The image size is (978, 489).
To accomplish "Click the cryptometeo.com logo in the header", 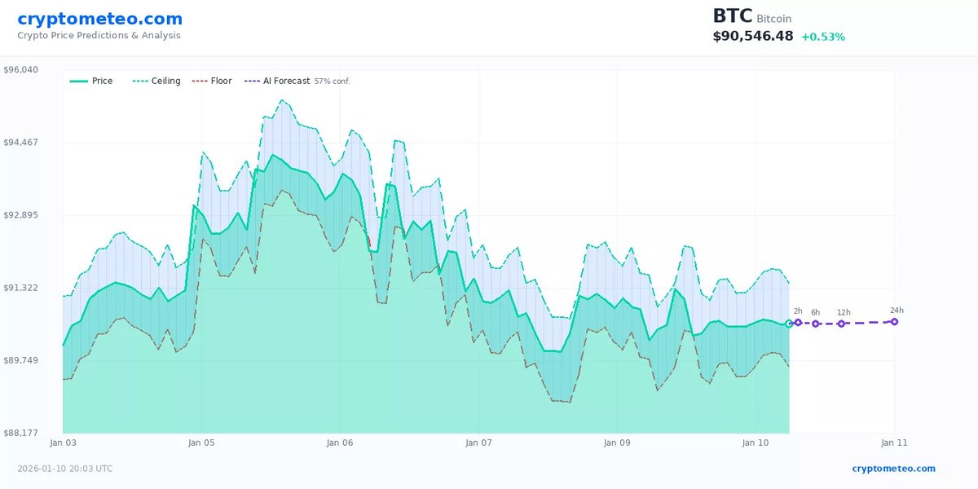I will point(100,19).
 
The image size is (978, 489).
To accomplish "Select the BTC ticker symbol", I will point(732,16).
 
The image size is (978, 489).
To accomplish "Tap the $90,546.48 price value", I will point(753,37).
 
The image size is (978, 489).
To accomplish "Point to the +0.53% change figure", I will point(823,37).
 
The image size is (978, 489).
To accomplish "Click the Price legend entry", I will point(92,81).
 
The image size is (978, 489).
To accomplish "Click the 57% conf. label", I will point(332,81).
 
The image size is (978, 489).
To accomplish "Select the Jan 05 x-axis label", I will point(201,443).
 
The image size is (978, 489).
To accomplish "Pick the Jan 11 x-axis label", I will point(894,443).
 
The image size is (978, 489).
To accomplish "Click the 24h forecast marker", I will point(894,322).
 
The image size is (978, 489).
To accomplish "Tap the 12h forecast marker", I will point(842,324).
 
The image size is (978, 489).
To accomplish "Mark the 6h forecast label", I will point(816,313).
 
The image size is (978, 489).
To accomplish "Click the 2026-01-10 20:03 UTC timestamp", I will point(65,469).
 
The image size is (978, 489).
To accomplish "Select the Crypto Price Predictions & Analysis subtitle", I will point(99,36).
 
